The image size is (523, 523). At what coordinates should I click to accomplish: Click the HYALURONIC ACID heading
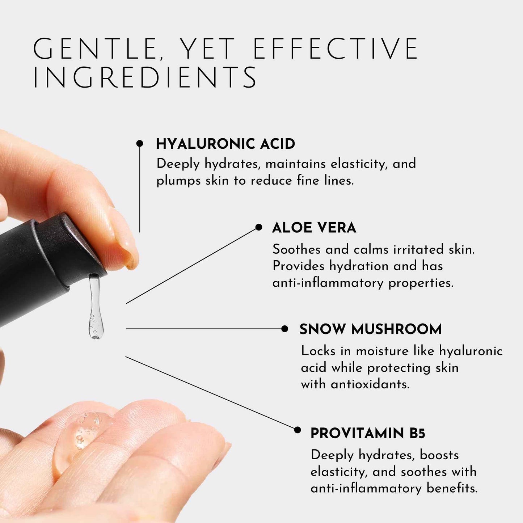pyautogui.click(x=225, y=144)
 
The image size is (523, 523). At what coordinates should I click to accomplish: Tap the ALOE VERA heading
pyautogui.click(x=314, y=228)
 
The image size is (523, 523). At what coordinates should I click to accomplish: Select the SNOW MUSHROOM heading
pyautogui.click(x=370, y=329)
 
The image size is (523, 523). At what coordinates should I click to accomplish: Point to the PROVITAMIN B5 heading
pyautogui.click(x=368, y=433)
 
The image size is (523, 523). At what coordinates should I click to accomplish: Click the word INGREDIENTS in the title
pyautogui.click(x=145, y=77)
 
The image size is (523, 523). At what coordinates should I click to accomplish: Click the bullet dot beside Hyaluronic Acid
pyautogui.click(x=140, y=144)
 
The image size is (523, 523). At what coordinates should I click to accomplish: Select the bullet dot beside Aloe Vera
pyautogui.click(x=258, y=227)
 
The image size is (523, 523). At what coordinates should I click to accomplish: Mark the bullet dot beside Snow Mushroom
pyautogui.click(x=284, y=329)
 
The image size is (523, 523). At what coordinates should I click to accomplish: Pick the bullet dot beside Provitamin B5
pyautogui.click(x=298, y=430)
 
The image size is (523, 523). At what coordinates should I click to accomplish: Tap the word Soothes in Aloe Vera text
pyautogui.click(x=296, y=249)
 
